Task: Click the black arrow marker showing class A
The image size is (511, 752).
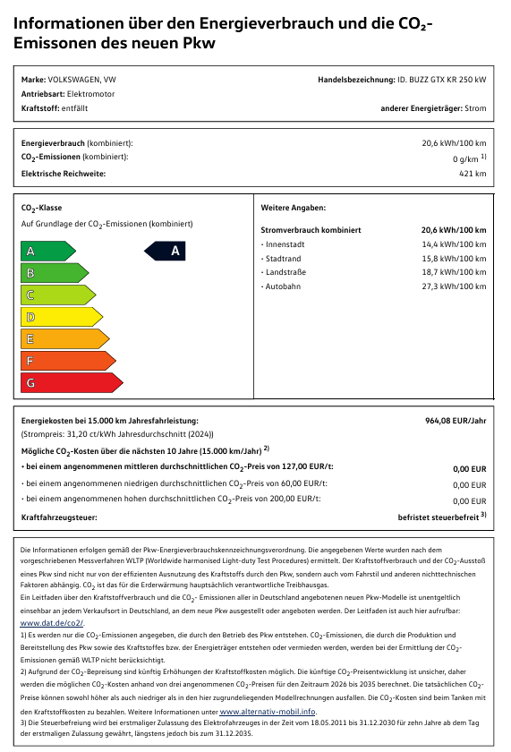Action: (x=165, y=252)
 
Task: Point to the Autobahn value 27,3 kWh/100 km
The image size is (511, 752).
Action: (x=454, y=286)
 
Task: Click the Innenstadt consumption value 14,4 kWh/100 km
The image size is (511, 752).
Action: (x=454, y=244)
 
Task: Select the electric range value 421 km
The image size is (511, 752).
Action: (x=473, y=174)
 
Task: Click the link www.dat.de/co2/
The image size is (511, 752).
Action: (x=52, y=621)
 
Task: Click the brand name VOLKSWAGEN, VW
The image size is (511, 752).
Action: (x=81, y=80)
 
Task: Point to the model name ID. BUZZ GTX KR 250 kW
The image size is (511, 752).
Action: (x=441, y=80)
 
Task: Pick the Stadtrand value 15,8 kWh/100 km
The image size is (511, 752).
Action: (x=454, y=258)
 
